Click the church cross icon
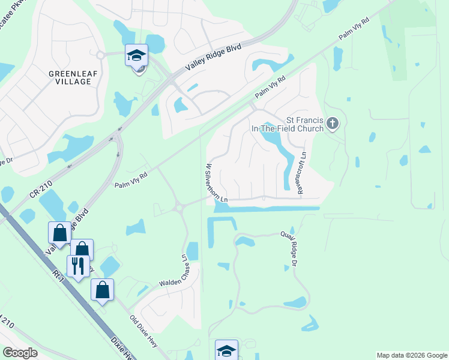334,124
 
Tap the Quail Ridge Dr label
294,247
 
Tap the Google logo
20,353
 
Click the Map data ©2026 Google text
412,355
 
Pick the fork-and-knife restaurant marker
78,265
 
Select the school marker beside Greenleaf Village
136,55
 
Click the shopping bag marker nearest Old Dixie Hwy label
102,290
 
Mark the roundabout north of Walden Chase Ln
178,208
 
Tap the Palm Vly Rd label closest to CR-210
131,179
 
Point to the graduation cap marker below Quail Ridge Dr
226,350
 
